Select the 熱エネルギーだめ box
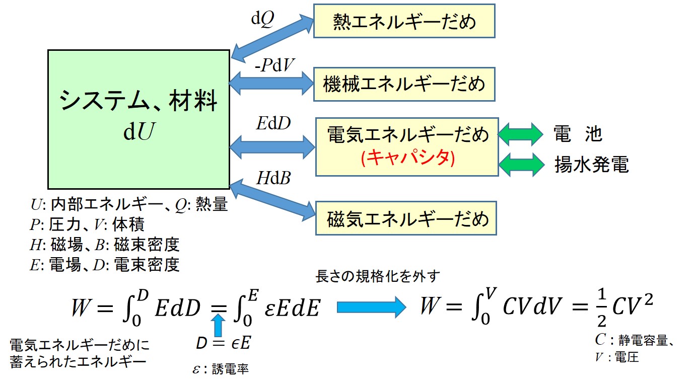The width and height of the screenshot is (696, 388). pyautogui.click(x=404, y=21)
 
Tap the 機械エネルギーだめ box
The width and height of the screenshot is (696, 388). pyautogui.click(x=404, y=83)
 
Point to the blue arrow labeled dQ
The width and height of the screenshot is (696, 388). pyautogui.click(x=272, y=37)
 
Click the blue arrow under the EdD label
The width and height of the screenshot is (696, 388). pyautogui.click(x=272, y=146)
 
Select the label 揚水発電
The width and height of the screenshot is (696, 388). pyautogui.click(x=592, y=164)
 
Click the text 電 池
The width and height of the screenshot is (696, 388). pyautogui.click(x=578, y=134)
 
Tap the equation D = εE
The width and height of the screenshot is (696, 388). pyautogui.click(x=224, y=344)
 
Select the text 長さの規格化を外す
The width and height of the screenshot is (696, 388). pyautogui.click(x=377, y=276)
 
